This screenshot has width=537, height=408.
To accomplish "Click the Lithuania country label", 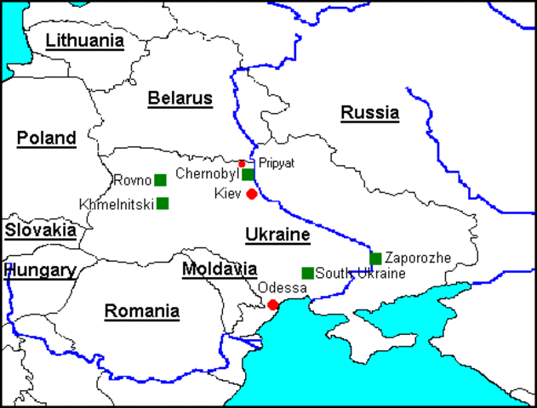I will pos(84,40).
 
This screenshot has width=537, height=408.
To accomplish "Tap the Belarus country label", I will pos(180,99).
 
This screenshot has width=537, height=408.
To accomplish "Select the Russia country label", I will pos(369,112).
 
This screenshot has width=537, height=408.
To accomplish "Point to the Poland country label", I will pos(46,138).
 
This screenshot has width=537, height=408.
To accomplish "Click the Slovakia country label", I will pos(40,229).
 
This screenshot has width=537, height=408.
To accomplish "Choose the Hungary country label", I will pos(41,270).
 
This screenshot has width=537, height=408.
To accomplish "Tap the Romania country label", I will pos(141,311).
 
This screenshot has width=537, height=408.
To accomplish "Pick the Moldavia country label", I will pos(219,269).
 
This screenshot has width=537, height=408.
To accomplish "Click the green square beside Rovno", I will pos(160,180).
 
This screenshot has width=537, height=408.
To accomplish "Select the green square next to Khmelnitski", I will pos(163,203).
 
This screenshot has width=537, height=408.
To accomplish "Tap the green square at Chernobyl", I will pos(248,174).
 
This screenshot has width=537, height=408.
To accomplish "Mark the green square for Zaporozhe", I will pos(375,258).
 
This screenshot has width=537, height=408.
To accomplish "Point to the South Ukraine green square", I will pos(307,274).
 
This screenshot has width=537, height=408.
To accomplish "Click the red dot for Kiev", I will pos(252,194).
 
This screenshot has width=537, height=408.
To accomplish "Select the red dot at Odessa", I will pos(272,304).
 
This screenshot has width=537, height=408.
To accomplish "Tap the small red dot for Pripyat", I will pos(242,163).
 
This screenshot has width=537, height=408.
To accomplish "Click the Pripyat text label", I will pos(277,163).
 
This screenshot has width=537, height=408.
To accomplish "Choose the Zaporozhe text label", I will pos(417,257).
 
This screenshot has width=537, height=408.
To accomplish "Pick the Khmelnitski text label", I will pos(116,204).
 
